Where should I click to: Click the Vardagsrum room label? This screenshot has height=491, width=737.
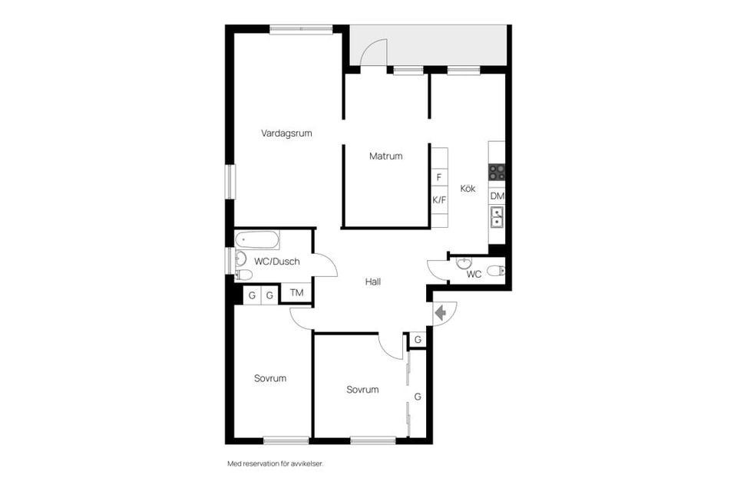pos(286,133)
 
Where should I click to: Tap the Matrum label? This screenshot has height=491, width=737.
pos(385,157)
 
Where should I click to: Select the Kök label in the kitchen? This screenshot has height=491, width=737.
pos(468,189)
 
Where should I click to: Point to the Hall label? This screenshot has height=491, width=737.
pos(373,282)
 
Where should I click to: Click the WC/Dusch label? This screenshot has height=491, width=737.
pos(277,262)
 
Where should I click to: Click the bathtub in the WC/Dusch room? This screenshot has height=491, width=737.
pos(257,240)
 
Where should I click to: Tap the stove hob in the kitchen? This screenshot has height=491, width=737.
pos(497,173)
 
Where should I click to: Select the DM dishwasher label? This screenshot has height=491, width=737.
pos(497,196)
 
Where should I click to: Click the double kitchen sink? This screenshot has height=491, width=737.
pos(497,217)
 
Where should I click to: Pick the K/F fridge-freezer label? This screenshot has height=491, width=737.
pos(439,200)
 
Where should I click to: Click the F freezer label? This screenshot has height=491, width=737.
pos(439,178)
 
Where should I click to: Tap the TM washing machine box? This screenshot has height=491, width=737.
pos(296,293)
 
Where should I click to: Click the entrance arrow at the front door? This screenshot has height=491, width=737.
pos(441,313)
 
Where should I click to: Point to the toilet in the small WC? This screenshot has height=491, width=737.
pos(496,271)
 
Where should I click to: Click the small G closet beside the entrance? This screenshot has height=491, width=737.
pos(418,339)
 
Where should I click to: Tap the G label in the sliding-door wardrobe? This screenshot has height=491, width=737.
pos(418,397)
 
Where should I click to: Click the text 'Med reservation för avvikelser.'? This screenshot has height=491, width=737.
pos(276,463)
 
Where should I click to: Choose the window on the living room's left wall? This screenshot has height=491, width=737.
pos(230,181)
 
